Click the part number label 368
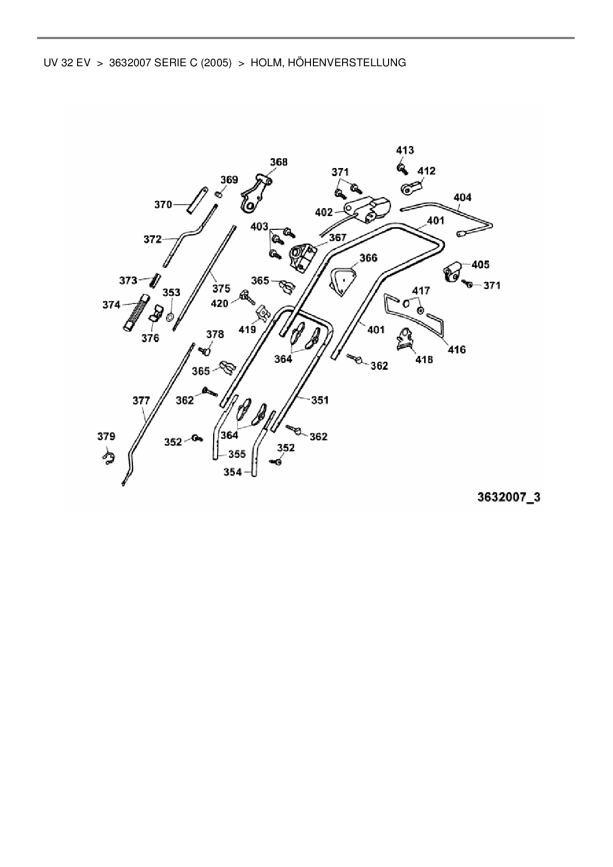point(278,162)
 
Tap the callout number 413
point(405,150)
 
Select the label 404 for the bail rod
point(462,198)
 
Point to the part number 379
point(106,436)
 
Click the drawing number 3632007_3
point(509,497)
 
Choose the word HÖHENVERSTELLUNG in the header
point(328,63)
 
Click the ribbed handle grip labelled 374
point(137,312)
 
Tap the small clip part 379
point(109,459)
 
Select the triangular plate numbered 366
point(342,280)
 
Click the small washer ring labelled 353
point(171,316)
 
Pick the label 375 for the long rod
point(221,288)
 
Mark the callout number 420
point(219,303)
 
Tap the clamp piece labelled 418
point(406,340)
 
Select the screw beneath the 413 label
point(402,169)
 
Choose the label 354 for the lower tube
point(232,472)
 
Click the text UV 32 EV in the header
point(67,63)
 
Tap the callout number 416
point(456,349)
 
